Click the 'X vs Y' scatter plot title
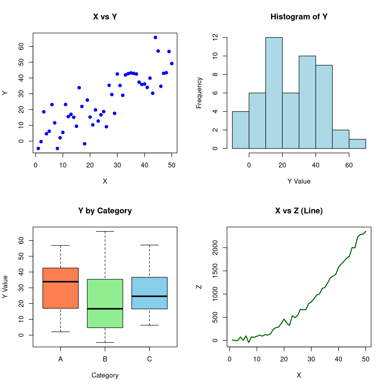click(105, 17)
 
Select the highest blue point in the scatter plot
click(155, 37)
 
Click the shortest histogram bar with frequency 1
click(357, 144)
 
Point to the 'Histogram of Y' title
click(299, 17)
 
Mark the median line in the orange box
click(61, 282)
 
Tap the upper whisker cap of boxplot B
click(105, 231)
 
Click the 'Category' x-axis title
click(105, 375)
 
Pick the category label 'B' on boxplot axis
click(105, 359)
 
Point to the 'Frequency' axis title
click(199, 93)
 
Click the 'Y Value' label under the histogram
click(299, 181)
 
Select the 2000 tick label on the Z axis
click(215, 248)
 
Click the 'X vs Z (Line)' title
click(299, 211)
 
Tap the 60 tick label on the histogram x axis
click(349, 165)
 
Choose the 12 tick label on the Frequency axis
click(215, 37)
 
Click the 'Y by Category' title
click(105, 211)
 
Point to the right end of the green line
click(366, 231)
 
